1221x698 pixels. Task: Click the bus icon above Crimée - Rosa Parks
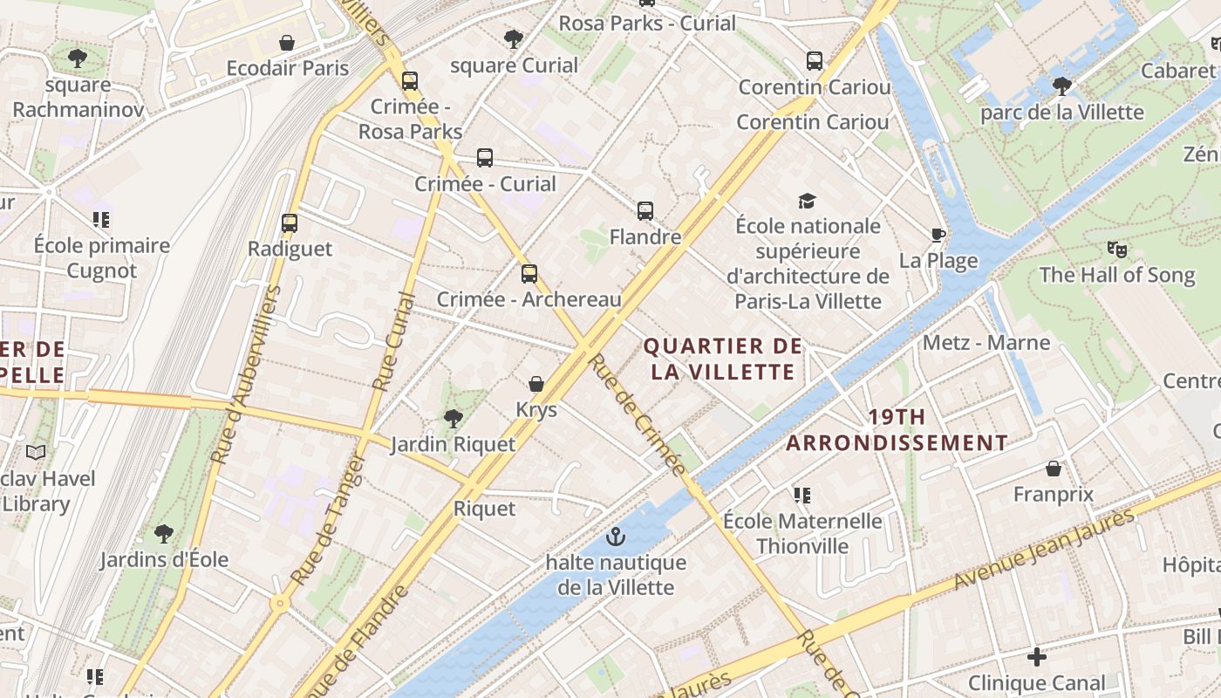tap(409, 81)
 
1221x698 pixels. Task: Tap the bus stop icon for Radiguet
tap(290, 223)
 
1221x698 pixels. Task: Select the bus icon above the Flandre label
tap(645, 211)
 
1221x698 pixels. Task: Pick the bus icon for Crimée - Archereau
tap(529, 274)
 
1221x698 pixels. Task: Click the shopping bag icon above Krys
tap(536, 384)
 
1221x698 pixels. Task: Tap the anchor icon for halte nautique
tap(616, 537)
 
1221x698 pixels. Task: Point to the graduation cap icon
tap(807, 202)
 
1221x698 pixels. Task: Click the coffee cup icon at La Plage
tap(938, 235)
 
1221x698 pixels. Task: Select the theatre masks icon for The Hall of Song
tap(1116, 250)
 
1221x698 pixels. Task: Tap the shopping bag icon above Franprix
tap(1054, 469)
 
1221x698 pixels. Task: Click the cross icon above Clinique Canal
tap(1036, 656)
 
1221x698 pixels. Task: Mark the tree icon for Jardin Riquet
tap(453, 419)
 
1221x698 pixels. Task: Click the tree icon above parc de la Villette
tap(1061, 86)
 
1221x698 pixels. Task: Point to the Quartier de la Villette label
tap(722, 359)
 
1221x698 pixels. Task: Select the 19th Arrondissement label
tap(897, 429)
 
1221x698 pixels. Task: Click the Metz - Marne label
tap(986, 342)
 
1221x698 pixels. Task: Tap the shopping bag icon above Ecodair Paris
tap(286, 43)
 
